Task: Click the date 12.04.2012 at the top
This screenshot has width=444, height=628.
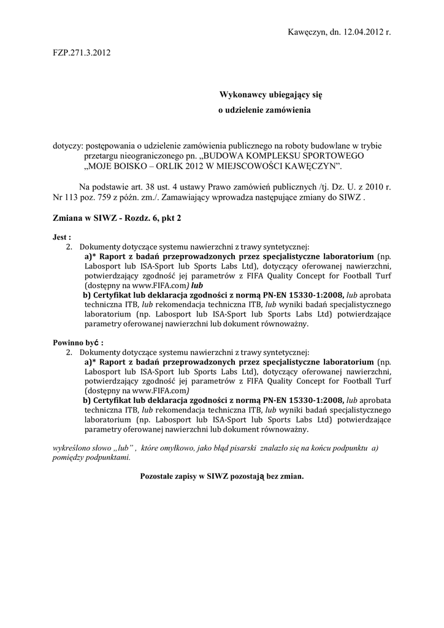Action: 360,31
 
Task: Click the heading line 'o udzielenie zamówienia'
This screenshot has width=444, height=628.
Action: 265,110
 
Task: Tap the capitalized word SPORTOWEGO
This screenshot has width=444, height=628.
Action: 332,156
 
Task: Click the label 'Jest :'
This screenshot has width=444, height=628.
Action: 61,236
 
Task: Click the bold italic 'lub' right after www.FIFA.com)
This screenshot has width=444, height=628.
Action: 196,285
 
